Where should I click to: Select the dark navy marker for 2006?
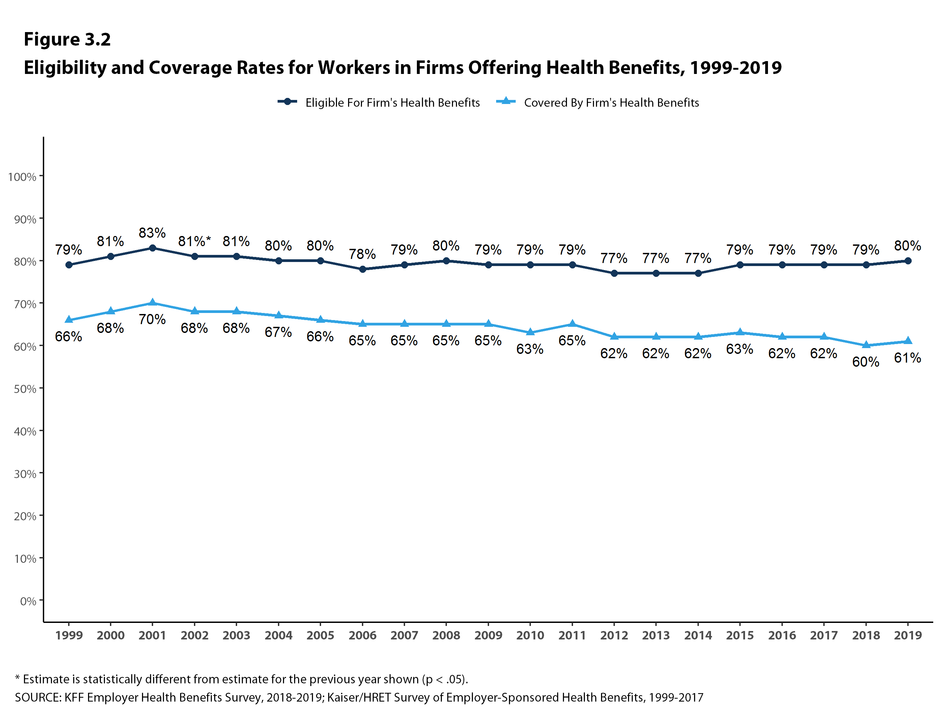[x=363, y=269]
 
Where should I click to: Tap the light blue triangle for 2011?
[x=572, y=324]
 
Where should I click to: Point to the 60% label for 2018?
[x=866, y=362]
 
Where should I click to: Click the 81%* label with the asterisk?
[x=194, y=241]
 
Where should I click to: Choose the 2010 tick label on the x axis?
[x=530, y=635]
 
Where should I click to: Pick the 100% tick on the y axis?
[x=22, y=177]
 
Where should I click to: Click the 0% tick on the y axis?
[x=28, y=601]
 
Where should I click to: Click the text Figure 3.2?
[x=67, y=39]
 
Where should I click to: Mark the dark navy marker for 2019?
[x=908, y=261]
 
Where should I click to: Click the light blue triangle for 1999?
[x=68, y=320]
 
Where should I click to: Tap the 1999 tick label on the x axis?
[x=68, y=635]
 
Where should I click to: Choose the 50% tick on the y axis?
[x=25, y=389]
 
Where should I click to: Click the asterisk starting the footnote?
[x=18, y=678]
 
